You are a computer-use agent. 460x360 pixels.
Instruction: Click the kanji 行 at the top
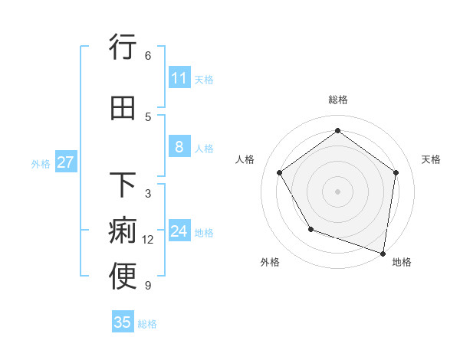[123, 47]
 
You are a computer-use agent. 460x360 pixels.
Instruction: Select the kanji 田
[123, 108]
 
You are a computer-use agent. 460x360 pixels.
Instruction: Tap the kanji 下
[123, 185]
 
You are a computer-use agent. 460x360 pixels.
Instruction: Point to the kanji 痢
[123, 231]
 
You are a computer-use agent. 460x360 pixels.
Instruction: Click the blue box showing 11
[179, 78]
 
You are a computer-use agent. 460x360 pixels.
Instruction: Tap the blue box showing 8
[179, 147]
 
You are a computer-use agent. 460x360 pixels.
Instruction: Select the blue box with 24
[179, 231]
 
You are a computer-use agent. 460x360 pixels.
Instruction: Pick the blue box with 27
[65, 162]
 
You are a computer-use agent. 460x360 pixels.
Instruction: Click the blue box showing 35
[123, 322]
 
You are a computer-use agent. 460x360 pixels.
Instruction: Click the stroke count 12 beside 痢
[148, 240]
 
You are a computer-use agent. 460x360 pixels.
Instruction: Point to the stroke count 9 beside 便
[148, 286]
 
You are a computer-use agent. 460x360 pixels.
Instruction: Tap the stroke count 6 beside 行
[148, 55]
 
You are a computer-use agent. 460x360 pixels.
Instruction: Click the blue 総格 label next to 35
[147, 324]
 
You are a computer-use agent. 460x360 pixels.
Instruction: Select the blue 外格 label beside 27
[41, 163]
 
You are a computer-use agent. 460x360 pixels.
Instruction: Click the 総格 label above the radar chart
[337, 100]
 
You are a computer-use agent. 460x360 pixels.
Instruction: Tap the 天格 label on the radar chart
[431, 159]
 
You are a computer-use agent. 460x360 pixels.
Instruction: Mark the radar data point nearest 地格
[383, 252]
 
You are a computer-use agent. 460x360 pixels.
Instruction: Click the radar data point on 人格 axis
[279, 172]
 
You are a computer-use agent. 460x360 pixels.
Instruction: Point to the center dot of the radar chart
[337, 191]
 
